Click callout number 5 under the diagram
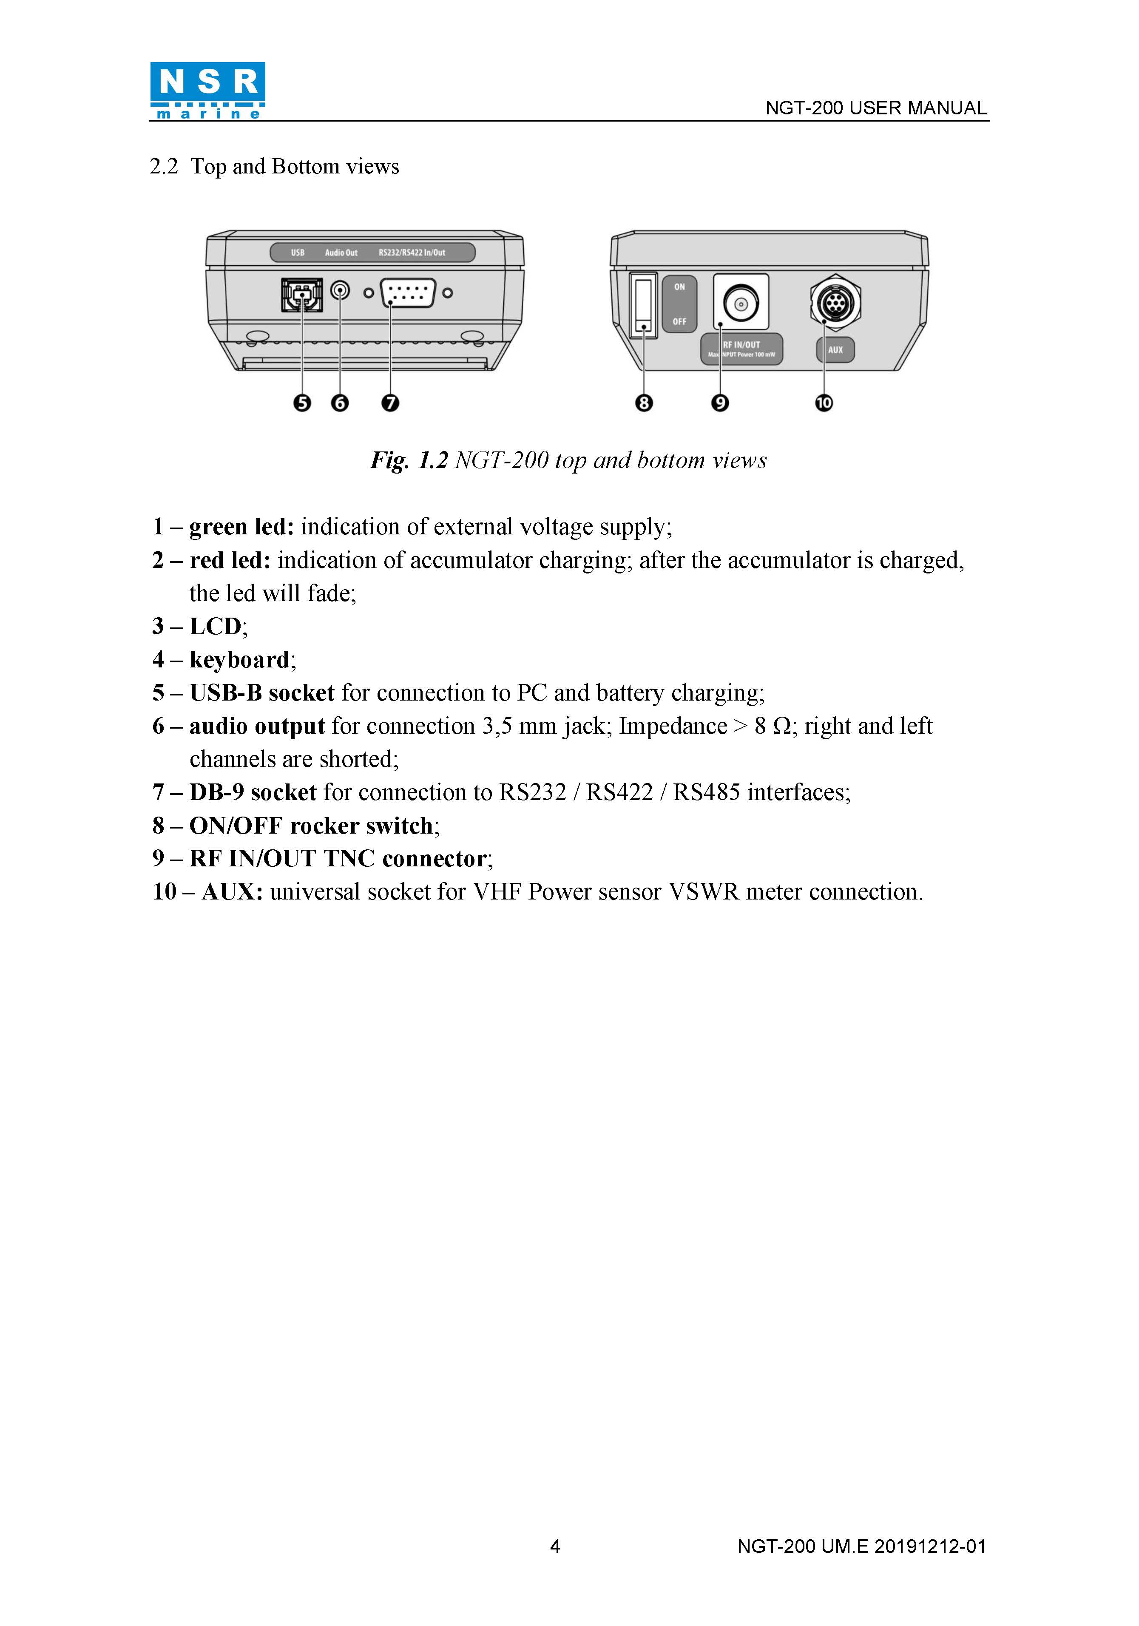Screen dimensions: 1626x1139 [302, 403]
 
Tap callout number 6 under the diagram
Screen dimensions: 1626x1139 [340, 403]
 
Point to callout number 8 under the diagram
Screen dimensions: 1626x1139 [643, 403]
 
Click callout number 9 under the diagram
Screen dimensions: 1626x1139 [720, 403]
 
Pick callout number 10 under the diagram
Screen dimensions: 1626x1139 [824, 403]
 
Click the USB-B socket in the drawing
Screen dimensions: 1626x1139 [302, 294]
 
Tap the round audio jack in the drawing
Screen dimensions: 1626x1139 [340, 291]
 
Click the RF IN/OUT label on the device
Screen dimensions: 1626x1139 [741, 345]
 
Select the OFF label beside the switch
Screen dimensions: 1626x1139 [679, 321]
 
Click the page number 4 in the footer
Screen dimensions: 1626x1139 [555, 1547]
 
